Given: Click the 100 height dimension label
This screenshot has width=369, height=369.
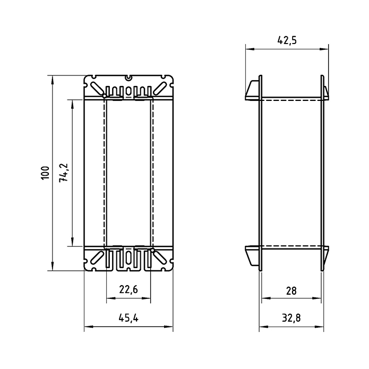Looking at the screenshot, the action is (46, 173).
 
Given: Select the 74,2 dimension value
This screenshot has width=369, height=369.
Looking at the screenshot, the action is (64, 173).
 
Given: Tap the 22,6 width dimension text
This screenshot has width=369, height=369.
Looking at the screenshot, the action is (128, 289).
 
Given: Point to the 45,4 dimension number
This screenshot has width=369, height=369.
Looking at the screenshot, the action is (128, 317).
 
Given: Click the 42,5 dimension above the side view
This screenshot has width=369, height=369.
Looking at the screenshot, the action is (287, 40).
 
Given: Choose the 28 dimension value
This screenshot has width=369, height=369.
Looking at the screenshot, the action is (291, 291).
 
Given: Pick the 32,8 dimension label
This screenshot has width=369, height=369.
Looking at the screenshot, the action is (291, 318).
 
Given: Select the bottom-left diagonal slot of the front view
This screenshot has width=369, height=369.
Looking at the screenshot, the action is (97, 258).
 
